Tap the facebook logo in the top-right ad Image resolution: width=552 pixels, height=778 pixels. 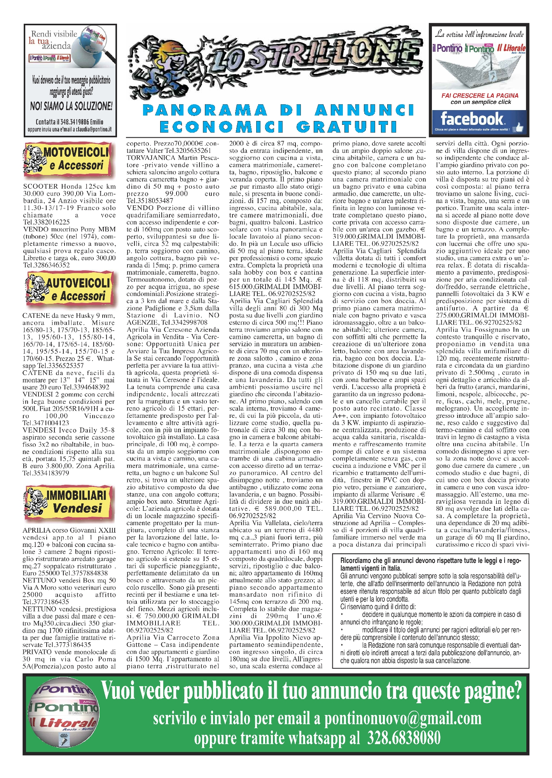tap(472, 118)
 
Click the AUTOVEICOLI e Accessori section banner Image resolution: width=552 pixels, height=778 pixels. tap(70, 289)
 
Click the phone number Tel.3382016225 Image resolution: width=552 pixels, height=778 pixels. tap(47, 222)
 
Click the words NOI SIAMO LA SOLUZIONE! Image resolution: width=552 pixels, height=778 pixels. tap(71, 106)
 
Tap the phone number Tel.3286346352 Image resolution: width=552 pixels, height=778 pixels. tap(47, 265)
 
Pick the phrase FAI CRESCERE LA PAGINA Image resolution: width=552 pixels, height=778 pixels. tap(480, 95)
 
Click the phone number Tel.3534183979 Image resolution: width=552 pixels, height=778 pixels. tap(46, 473)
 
